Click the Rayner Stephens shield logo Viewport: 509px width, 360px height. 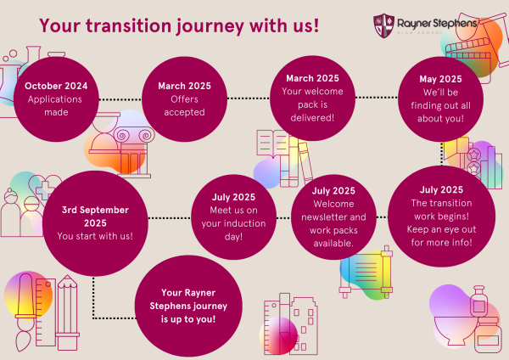click(383, 25)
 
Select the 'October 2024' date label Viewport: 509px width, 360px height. click(56, 86)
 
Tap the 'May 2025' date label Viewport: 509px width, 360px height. click(440, 79)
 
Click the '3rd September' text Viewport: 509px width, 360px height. click(95, 210)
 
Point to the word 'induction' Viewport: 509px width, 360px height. click(248, 223)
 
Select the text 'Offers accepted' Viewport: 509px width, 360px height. click(184, 105)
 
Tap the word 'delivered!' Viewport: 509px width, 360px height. click(312, 118)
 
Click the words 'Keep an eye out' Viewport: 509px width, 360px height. click(441, 229)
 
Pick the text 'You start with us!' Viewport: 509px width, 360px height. click(95, 236)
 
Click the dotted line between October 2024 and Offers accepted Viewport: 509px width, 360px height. click(120, 99)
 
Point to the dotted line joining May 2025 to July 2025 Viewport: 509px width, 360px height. click(442, 154)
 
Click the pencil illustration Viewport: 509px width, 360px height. click(67, 312)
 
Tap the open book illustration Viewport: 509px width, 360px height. click(272, 143)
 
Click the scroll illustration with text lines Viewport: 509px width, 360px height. click(366, 273)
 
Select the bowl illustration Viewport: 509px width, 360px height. click(456, 330)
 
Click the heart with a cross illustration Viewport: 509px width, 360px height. click(45, 188)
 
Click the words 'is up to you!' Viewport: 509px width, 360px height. click(188, 319)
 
